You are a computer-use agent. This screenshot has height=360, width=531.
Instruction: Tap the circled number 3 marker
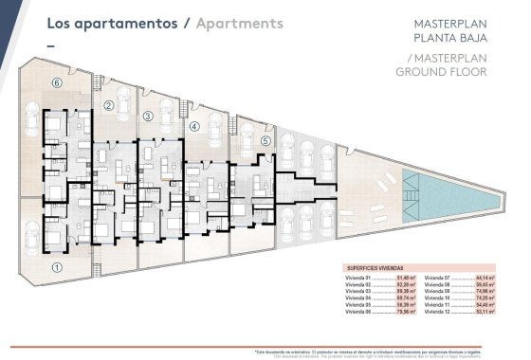click(149, 117)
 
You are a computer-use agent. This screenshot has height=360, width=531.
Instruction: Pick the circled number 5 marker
click(266, 141)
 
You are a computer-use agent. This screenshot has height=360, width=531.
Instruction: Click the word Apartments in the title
click(240, 22)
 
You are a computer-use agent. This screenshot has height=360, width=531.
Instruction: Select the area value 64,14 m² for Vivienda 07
click(487, 277)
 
